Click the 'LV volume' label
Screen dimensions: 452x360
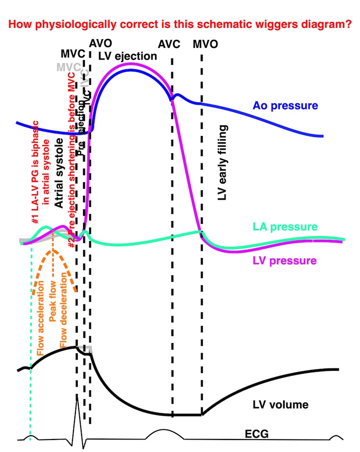(x=280, y=404)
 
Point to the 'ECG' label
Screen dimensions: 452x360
(x=255, y=435)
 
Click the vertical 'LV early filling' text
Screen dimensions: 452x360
(x=222, y=157)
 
